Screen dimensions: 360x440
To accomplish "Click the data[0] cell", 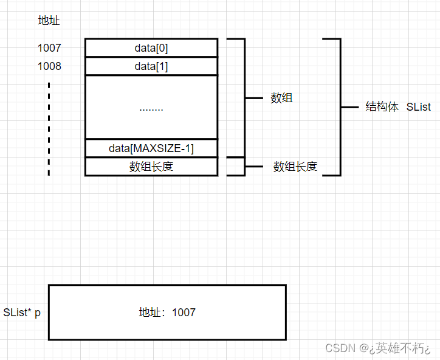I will (x=151, y=48).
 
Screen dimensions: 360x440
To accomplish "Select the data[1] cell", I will (x=151, y=66).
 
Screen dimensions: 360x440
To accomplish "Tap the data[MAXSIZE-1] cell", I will (x=151, y=148).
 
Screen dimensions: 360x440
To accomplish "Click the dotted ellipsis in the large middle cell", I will (x=151, y=108).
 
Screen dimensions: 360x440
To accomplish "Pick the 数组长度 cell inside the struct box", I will (x=151, y=167).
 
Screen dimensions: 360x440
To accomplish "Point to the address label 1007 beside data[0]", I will (x=49, y=48).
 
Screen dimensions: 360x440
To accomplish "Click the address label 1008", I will (x=49, y=66).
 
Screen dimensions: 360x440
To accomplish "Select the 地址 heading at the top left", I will (x=49, y=21).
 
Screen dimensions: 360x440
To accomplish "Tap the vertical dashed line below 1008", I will (x=49, y=128).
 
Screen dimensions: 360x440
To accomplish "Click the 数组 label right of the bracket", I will (x=281, y=98).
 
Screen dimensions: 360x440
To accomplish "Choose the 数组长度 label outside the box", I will (x=295, y=167).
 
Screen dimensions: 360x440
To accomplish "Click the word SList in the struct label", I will (x=418, y=107).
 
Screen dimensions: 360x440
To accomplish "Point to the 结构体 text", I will (x=382, y=107).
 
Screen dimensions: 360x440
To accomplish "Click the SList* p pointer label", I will (x=22, y=313).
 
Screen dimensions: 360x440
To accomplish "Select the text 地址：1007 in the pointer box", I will (x=167, y=313).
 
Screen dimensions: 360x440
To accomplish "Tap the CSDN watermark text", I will (x=340, y=348).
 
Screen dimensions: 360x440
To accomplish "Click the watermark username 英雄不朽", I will (x=399, y=348).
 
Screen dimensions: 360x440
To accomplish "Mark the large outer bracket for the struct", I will (x=339, y=107).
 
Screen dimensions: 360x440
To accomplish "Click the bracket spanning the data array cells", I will (x=244, y=98).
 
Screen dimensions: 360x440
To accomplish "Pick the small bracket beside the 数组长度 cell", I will (x=244, y=167).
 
